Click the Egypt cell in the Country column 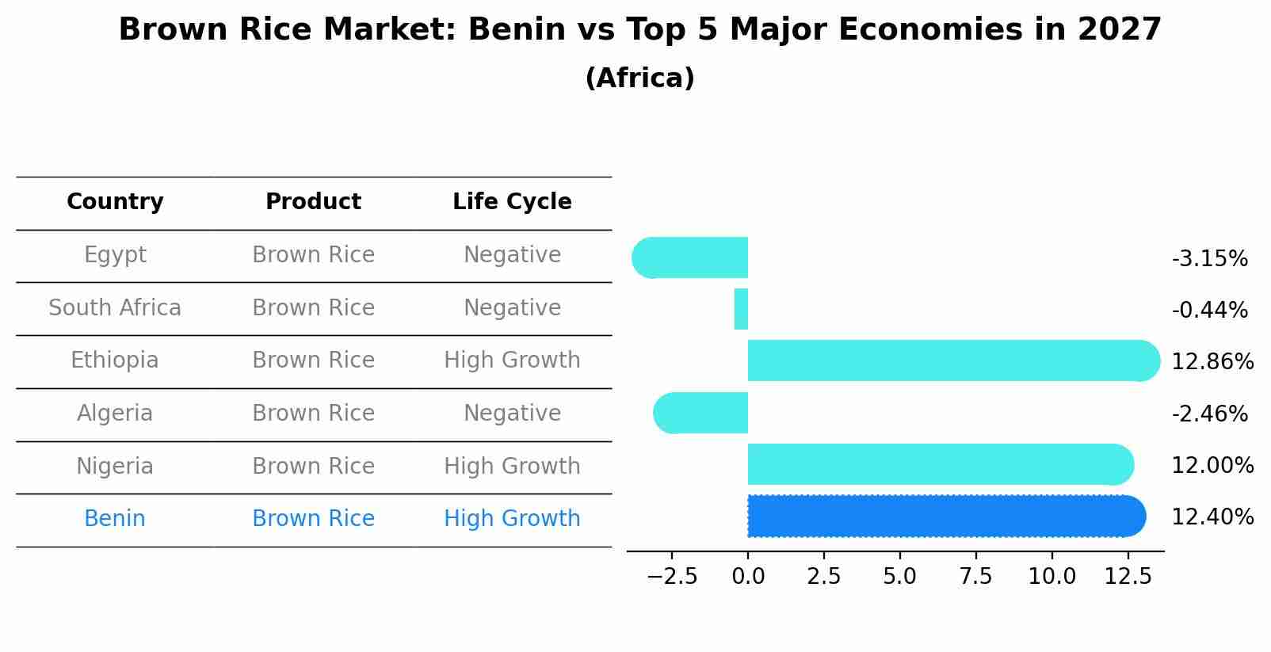[115, 255]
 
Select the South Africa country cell [115, 308]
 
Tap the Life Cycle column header [512, 202]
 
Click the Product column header [313, 202]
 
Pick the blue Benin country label [115, 519]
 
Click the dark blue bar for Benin [943, 517]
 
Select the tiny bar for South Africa [741, 309]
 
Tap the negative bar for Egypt [693, 257]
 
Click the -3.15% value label [1209, 259]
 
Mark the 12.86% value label [1212, 362]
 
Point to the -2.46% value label [1209, 414]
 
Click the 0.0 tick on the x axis [748, 577]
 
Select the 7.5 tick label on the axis [975, 577]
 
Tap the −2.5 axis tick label [672, 577]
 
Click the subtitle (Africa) [639, 78]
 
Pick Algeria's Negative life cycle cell [512, 414]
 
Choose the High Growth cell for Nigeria [512, 467]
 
